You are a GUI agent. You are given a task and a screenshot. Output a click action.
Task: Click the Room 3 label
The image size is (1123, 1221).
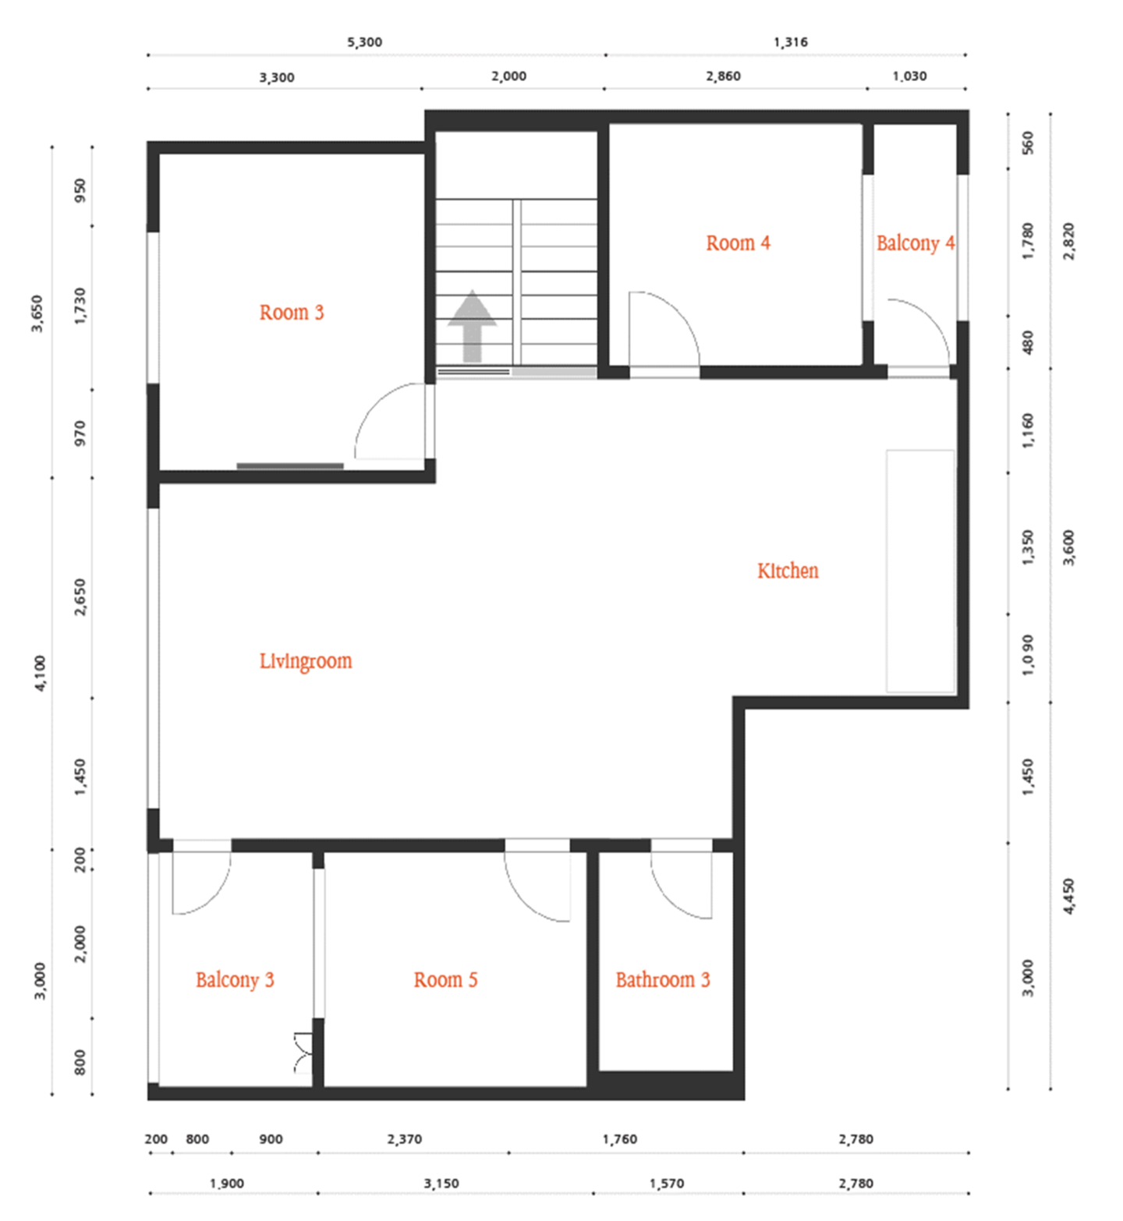(x=291, y=313)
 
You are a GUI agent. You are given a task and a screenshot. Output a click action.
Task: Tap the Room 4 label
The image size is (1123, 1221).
(x=738, y=243)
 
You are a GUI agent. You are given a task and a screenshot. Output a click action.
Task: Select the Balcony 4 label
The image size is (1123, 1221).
(x=916, y=243)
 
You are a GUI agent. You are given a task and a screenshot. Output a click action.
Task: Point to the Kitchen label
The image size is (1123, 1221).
(x=788, y=571)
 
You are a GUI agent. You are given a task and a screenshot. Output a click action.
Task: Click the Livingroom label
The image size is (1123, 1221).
(x=306, y=661)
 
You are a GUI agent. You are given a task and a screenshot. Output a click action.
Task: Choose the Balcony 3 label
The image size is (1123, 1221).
(x=235, y=980)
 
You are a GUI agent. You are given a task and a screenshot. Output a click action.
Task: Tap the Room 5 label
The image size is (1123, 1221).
(x=445, y=980)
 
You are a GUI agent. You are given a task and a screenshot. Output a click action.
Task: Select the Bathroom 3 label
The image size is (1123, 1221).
(x=663, y=980)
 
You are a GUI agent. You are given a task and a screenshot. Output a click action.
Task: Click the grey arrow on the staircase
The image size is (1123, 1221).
(x=472, y=327)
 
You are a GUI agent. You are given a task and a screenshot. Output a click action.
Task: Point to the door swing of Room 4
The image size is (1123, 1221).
(x=679, y=312)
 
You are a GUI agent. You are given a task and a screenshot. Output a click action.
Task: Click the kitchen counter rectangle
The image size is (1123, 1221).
(x=920, y=571)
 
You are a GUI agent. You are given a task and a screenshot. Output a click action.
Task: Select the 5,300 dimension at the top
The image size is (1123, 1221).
(x=365, y=42)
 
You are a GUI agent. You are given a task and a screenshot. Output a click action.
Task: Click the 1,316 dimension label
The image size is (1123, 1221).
(x=791, y=42)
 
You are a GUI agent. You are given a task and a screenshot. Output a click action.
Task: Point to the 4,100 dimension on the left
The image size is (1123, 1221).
(x=40, y=673)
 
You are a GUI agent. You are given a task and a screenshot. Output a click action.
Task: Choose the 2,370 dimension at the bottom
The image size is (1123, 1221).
(x=405, y=1139)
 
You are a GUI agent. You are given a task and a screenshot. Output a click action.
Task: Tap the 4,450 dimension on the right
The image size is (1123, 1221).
(x=1068, y=897)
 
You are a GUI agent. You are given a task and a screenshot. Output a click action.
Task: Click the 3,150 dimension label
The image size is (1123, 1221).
(x=441, y=1184)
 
